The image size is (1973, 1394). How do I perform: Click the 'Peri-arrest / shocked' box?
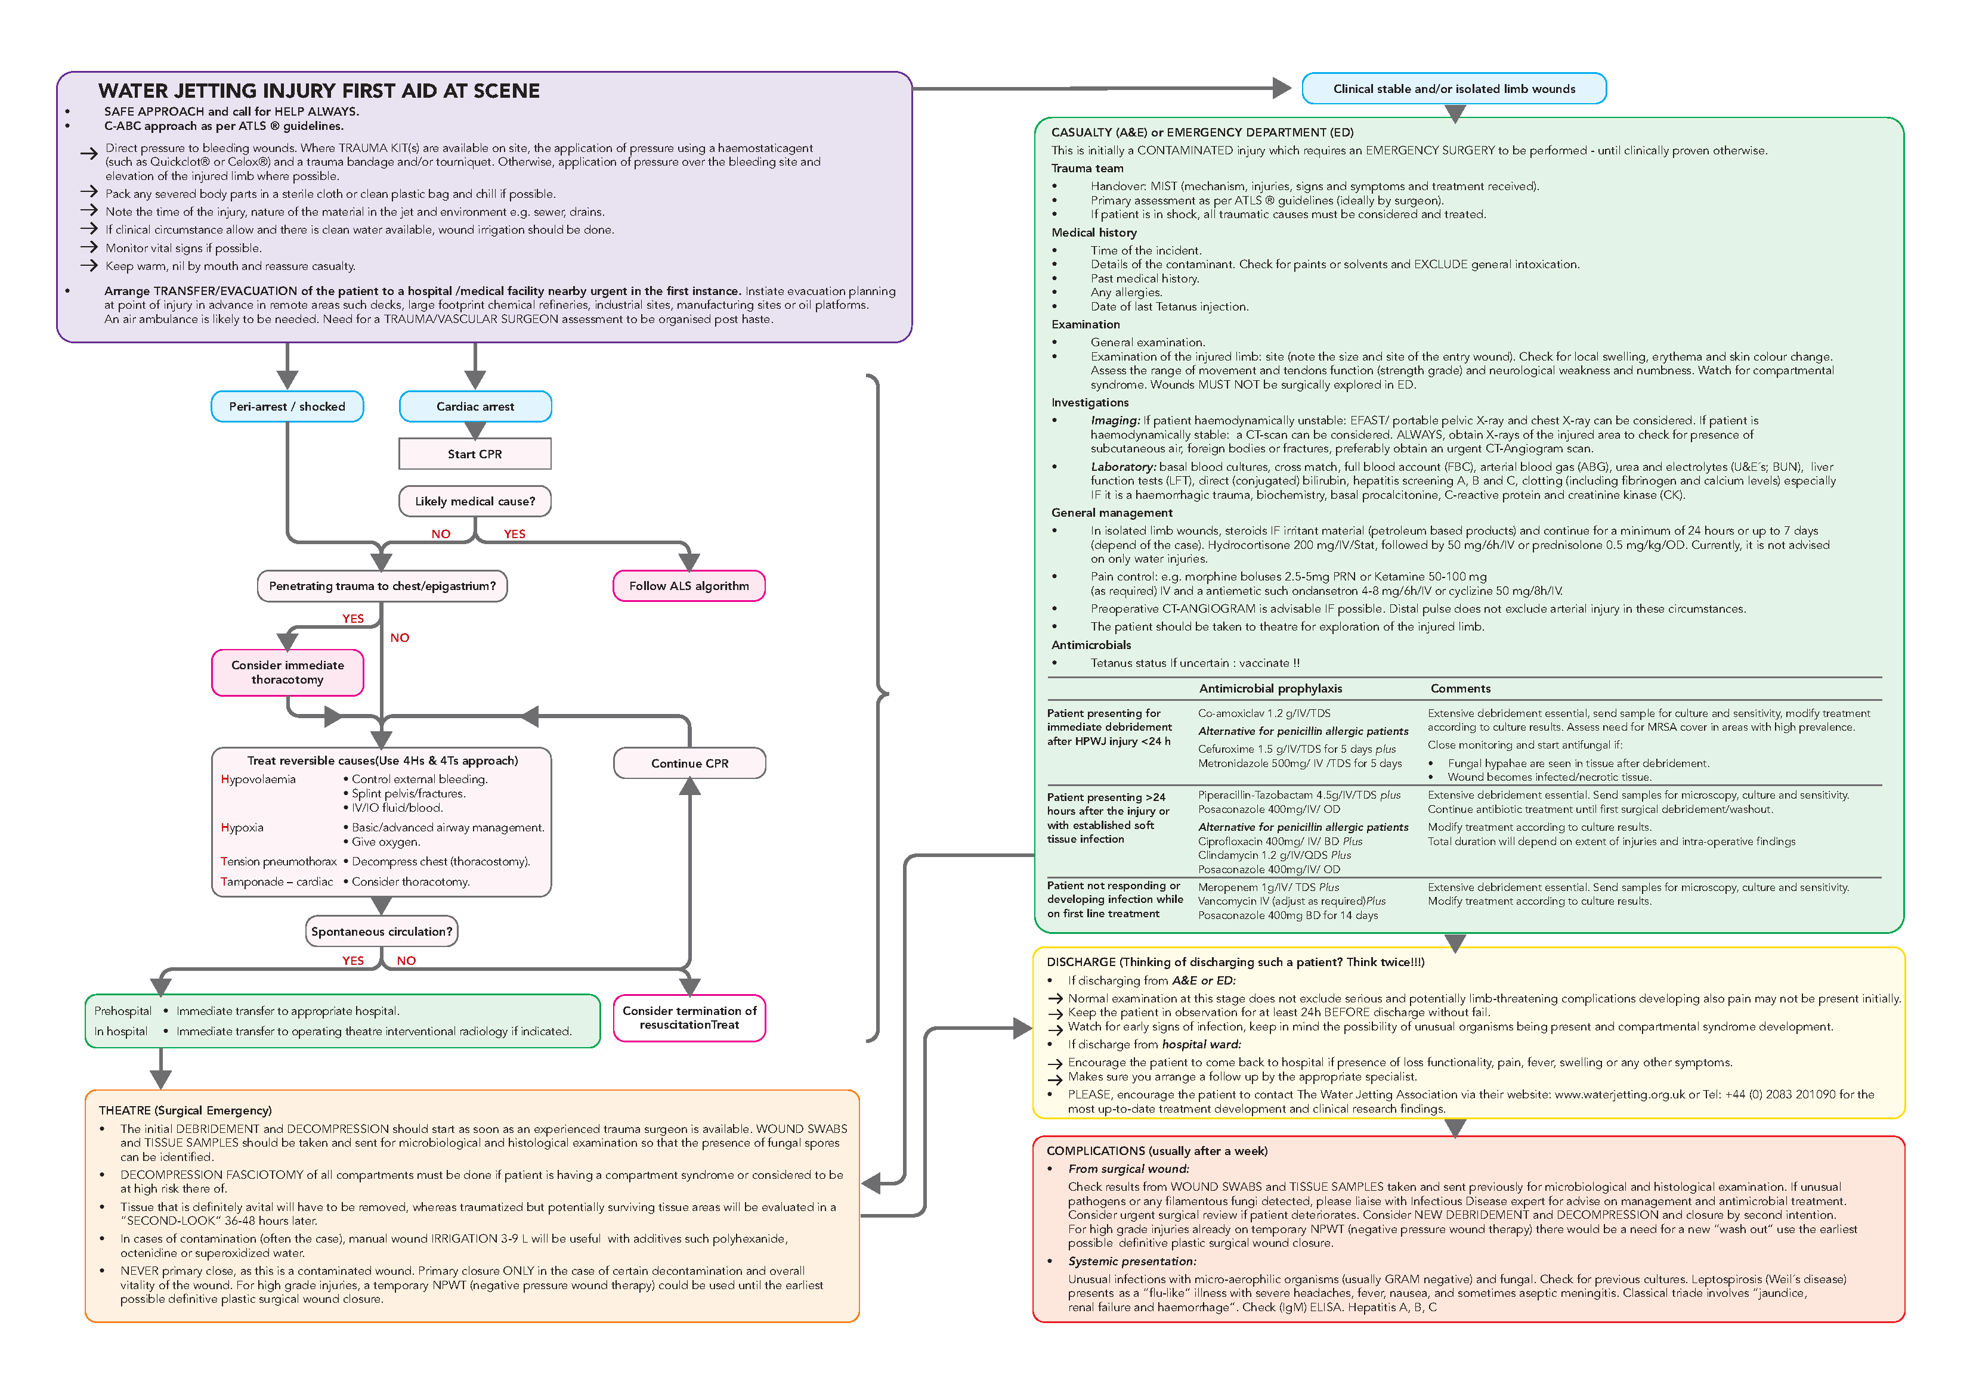point(287,406)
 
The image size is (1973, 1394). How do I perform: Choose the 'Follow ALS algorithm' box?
point(688,586)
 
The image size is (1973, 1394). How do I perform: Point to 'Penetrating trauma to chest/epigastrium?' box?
point(382,586)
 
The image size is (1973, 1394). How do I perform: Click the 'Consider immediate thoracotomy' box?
point(287,672)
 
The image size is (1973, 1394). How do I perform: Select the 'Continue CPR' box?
point(689,763)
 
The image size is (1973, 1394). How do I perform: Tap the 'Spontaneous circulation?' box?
point(382,931)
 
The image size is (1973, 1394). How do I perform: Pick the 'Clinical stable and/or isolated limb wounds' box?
point(1454,88)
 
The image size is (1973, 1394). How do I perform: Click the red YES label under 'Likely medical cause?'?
point(514,533)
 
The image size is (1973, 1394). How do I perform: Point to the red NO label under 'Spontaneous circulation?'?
point(406,960)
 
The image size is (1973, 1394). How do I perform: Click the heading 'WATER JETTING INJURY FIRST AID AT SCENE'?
point(319,91)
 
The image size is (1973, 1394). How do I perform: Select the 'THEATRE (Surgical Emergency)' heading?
point(185,1110)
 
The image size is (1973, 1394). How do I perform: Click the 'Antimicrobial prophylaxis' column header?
point(1270,688)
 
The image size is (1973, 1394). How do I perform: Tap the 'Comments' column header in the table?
point(1460,688)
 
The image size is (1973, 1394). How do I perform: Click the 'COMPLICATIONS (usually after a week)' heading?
point(1156,1150)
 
